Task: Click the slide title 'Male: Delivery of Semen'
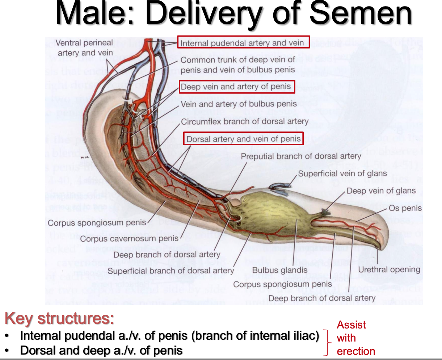click(233, 14)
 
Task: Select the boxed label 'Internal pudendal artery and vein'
click(243, 43)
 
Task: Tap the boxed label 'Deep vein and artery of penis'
click(237, 87)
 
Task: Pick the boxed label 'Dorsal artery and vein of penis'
click(243, 139)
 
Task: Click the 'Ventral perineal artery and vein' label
click(85, 48)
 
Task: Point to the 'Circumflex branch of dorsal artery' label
click(245, 122)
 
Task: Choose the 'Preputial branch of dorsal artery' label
click(301, 156)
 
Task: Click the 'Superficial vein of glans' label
click(342, 173)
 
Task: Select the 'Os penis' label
click(405, 208)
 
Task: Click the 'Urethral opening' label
click(389, 269)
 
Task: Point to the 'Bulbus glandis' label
click(279, 270)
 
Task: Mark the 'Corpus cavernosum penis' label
click(129, 239)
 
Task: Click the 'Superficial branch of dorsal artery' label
click(171, 271)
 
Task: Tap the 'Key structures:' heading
click(59, 318)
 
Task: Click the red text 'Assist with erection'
click(355, 338)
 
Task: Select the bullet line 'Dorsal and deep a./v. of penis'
click(101, 350)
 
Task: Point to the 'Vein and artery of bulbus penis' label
click(239, 104)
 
